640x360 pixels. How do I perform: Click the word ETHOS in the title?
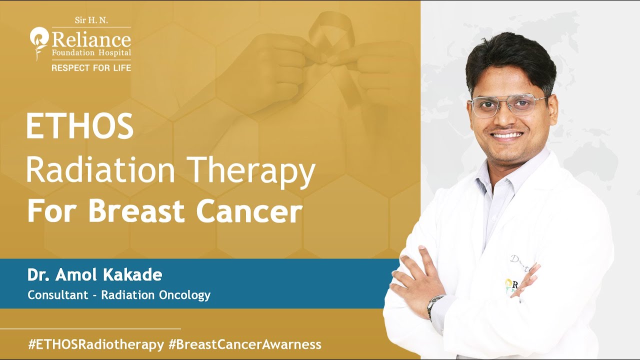pyautogui.click(x=79, y=126)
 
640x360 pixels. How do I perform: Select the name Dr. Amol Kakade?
pyautogui.click(x=94, y=275)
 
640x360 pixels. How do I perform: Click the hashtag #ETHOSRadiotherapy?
pyautogui.click(x=96, y=344)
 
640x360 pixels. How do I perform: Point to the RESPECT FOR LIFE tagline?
pyautogui.click(x=91, y=67)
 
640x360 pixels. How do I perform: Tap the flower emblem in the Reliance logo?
pyautogui.click(x=38, y=42)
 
